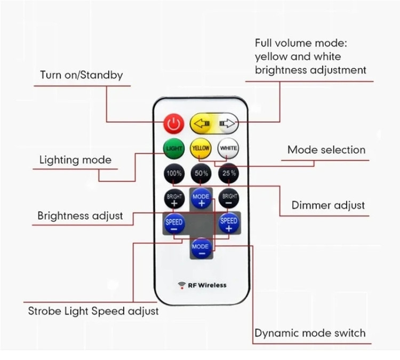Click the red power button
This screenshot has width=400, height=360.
click(172, 124)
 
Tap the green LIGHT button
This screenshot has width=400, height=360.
click(174, 148)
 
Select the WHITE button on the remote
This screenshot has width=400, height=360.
click(228, 148)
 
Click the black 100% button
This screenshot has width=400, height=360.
click(174, 173)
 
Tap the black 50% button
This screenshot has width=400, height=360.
click(201, 173)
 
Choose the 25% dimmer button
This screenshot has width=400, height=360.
click(228, 173)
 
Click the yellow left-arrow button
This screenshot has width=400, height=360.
click(202, 124)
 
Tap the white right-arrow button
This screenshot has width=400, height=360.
click(227, 124)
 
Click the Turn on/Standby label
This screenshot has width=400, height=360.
click(81, 75)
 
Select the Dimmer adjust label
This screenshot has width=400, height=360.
click(328, 205)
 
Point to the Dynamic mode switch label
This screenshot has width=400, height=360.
click(310, 333)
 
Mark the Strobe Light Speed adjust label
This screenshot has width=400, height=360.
click(93, 310)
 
